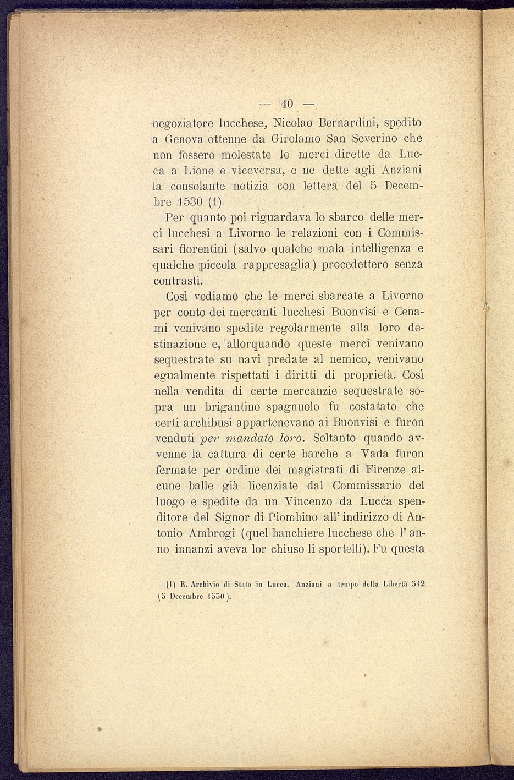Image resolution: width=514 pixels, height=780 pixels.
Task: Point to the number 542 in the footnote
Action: [418, 585]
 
